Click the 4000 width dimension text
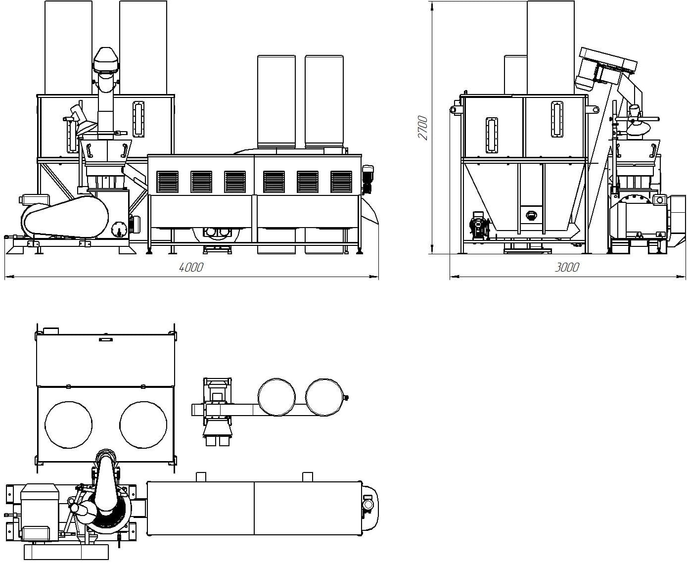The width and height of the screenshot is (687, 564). click(x=191, y=268)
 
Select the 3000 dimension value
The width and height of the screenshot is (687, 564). click(x=567, y=268)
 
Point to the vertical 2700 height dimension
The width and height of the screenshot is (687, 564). click(x=423, y=127)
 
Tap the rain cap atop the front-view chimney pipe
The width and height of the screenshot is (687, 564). click(x=106, y=59)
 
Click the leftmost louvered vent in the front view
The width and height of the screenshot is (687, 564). click(x=167, y=182)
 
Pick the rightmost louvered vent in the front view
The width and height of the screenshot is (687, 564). click(x=341, y=182)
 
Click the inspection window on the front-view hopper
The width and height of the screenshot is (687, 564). click(x=138, y=119)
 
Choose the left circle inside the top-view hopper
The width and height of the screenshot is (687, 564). click(x=68, y=424)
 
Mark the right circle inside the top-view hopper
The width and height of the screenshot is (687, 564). click(x=143, y=424)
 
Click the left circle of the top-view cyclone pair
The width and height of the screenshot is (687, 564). click(x=276, y=397)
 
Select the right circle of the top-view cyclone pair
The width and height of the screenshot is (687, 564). click(x=324, y=397)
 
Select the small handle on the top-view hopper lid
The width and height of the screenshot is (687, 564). click(x=105, y=339)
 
